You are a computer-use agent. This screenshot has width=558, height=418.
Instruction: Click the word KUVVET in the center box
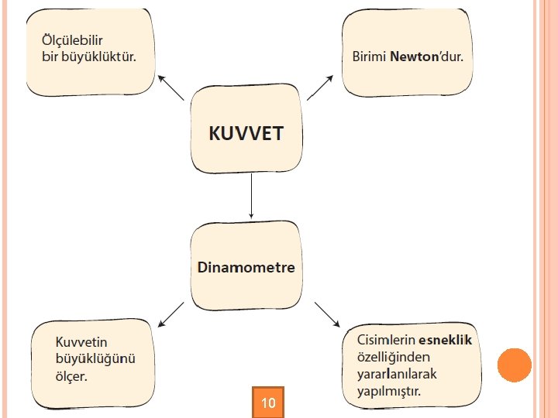pos(246,133)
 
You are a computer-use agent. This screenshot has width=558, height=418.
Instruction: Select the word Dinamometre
pos(246,268)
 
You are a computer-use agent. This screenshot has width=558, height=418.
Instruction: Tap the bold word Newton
pos(415,57)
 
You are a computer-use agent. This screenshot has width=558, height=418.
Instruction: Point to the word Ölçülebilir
pos(72,39)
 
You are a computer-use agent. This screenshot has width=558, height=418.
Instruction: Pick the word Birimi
pos(370,57)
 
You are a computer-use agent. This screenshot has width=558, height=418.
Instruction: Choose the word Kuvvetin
pos(81,341)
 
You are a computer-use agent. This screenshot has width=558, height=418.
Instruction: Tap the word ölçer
pos(71,377)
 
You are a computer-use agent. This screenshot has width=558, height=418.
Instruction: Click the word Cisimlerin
pos(385,340)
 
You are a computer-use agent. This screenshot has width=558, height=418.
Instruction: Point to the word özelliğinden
pos(393,357)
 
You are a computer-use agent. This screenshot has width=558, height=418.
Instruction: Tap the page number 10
pos(269,403)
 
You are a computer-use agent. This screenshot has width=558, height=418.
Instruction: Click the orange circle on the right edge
pos(514,365)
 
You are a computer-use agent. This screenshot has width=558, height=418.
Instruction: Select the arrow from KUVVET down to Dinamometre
pos(251,197)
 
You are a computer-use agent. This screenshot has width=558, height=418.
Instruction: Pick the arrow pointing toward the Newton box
pos(320,87)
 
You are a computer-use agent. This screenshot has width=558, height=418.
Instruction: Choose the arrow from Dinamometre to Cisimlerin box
pos(327,313)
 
